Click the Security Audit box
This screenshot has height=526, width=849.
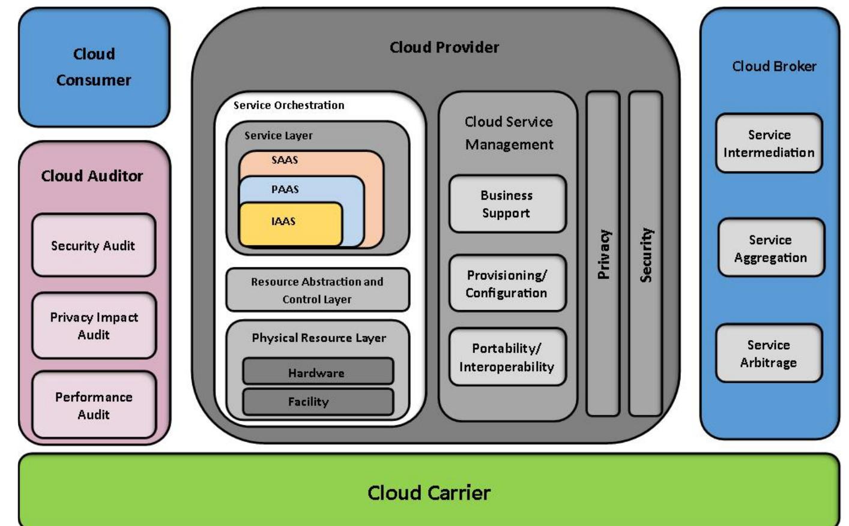point(94,245)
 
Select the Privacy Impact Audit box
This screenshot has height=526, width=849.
point(94,326)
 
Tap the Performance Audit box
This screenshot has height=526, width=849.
point(94,405)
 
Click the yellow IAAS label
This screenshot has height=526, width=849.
point(283,221)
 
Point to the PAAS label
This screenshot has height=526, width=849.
point(285,190)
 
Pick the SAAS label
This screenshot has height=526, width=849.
point(285,160)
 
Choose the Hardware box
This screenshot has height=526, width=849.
point(317,372)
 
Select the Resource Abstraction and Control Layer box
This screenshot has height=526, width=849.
point(317,290)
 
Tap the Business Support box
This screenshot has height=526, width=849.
point(507,204)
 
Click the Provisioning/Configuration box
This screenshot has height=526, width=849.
point(507,284)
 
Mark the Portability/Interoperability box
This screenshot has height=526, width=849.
point(507,357)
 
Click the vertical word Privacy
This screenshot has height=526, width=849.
point(603,254)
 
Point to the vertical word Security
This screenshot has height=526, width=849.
point(645,254)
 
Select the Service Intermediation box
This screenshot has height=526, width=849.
point(769,143)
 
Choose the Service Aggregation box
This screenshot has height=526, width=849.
point(771,248)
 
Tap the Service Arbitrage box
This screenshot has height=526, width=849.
point(769,353)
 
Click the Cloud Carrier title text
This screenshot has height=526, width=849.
point(429,493)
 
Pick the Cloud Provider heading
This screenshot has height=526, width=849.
point(444,47)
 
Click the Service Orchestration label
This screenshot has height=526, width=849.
point(289,106)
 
